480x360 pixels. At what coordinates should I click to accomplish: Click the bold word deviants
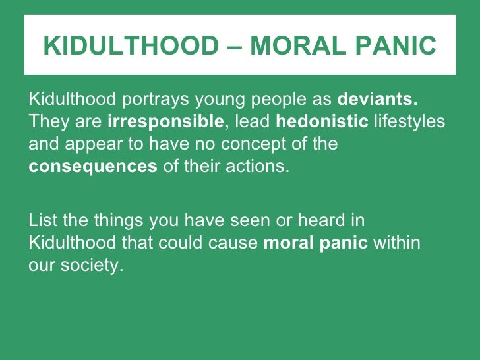pyautogui.click(x=378, y=100)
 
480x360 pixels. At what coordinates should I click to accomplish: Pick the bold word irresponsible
pyautogui.click(x=165, y=121)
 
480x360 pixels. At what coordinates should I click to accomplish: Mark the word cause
pyautogui.click(x=234, y=243)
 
